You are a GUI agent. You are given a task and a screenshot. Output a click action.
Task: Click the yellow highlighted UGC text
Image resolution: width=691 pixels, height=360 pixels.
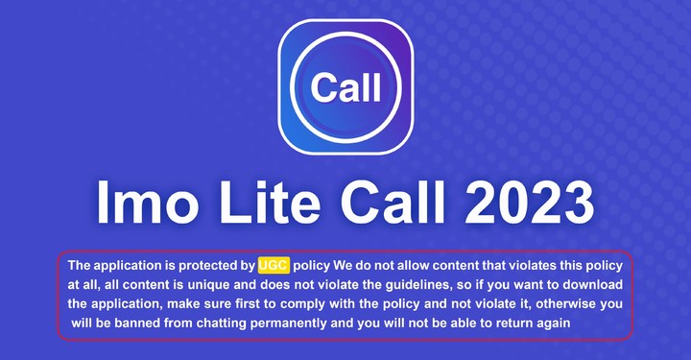pyautogui.click(x=274, y=265)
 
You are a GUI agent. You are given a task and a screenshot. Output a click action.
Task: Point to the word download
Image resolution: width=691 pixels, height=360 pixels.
pyautogui.click(x=595, y=284)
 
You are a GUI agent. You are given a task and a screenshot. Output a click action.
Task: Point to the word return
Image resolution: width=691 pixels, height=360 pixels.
pyautogui.click(x=517, y=324)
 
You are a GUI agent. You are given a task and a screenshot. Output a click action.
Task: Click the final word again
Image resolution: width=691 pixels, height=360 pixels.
pyautogui.click(x=560, y=324)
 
